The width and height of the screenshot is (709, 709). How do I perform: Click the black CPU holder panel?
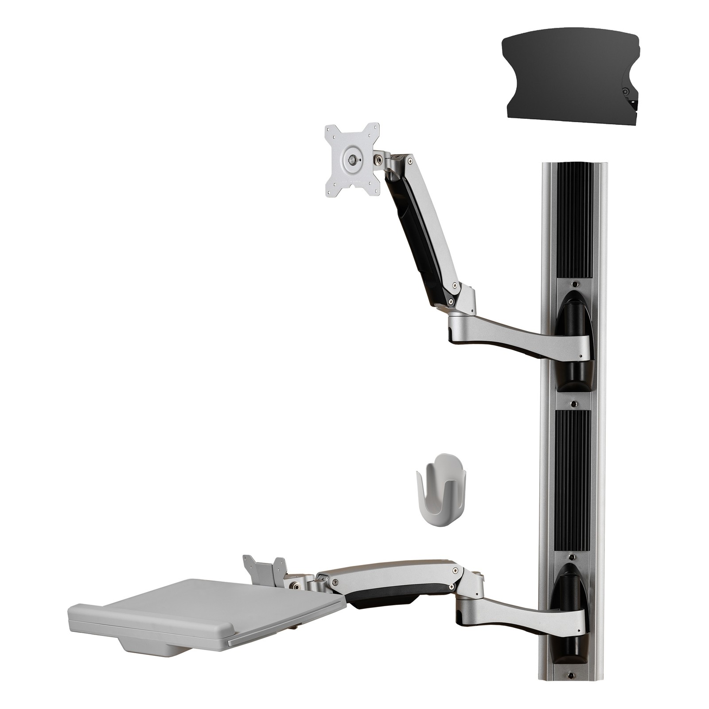point(563,80)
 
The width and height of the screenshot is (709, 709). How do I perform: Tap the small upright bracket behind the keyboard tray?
point(264,572)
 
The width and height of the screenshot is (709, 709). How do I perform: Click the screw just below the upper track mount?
point(574,405)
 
